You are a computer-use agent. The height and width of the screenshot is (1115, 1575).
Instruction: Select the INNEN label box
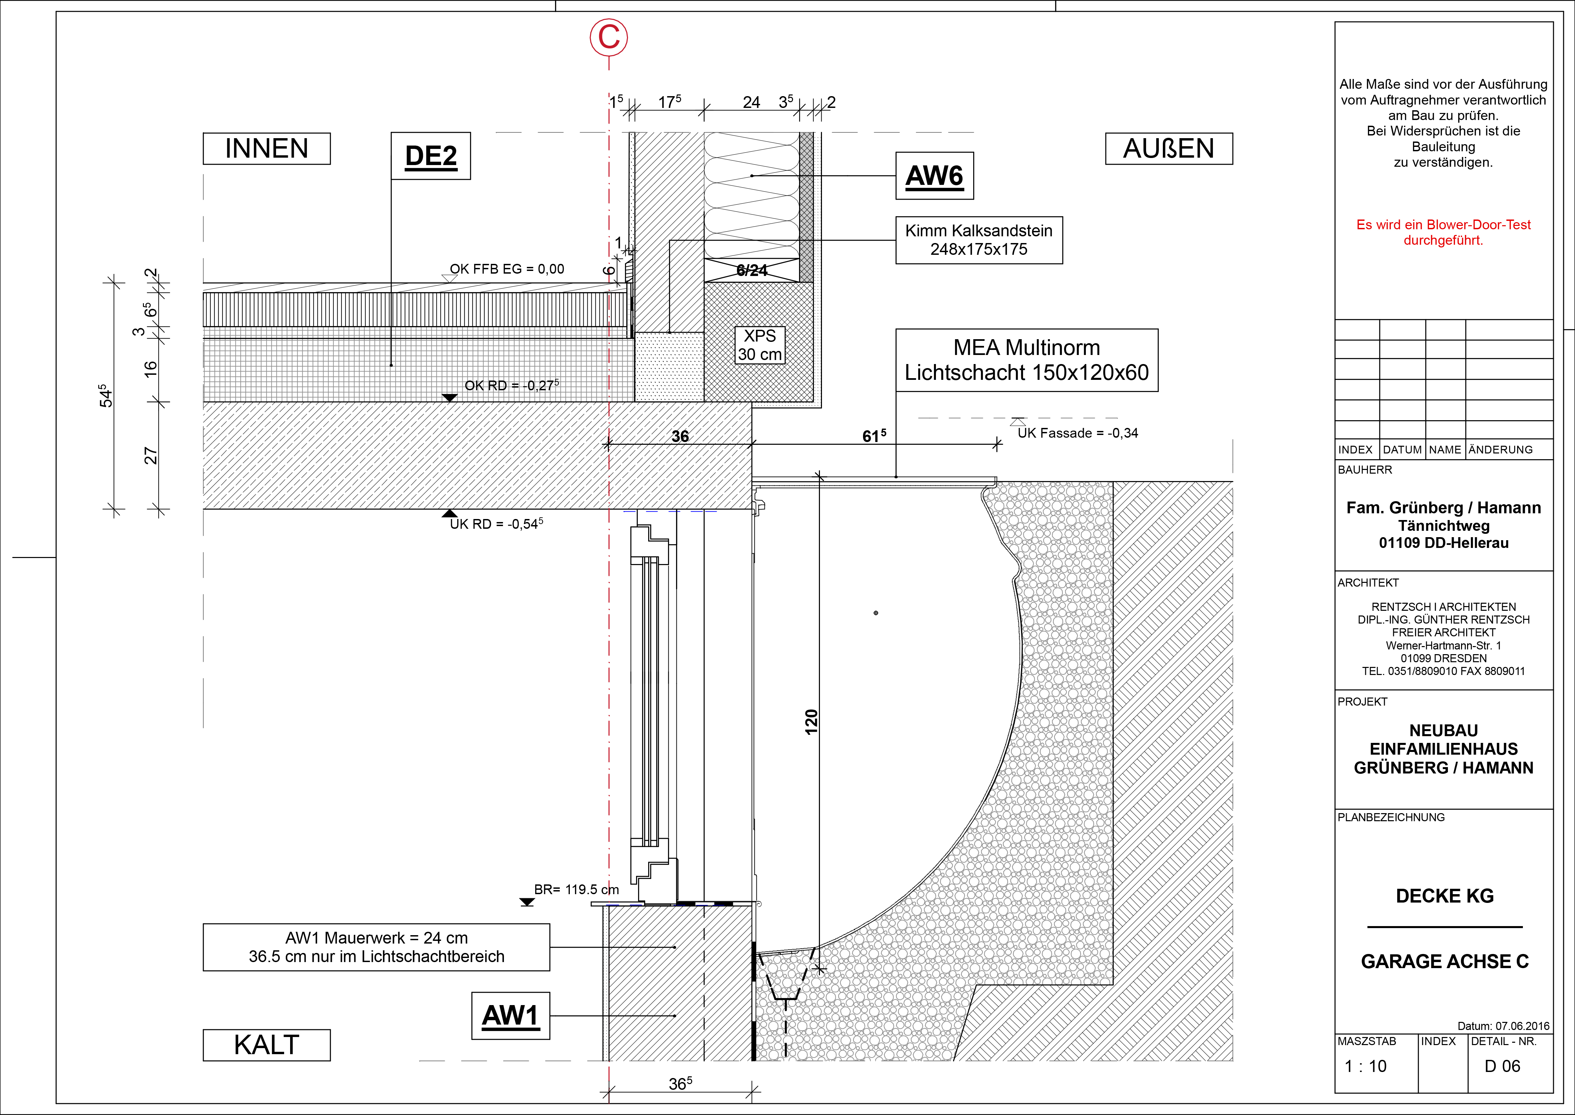266,148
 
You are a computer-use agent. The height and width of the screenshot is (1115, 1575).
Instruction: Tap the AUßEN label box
1169,148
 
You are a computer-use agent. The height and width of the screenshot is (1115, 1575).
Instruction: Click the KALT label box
266,1045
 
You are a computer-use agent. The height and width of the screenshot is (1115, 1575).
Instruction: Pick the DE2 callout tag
431,156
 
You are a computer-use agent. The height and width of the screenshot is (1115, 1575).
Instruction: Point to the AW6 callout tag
935,176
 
